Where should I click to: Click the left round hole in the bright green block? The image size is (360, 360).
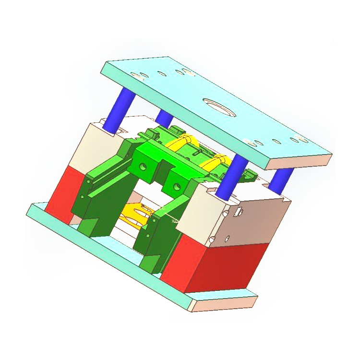tap(143, 166)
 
